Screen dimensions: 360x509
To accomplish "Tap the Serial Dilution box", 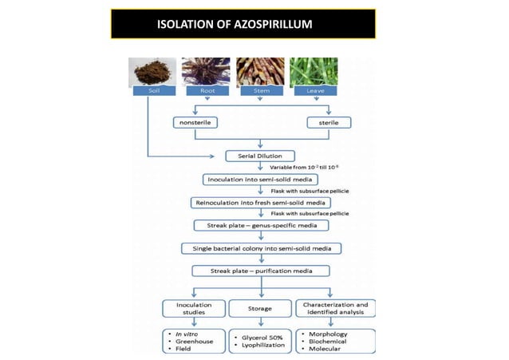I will [261, 155].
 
